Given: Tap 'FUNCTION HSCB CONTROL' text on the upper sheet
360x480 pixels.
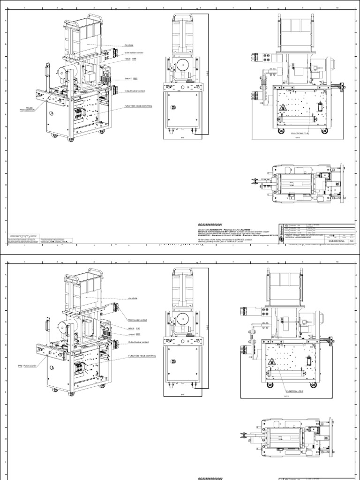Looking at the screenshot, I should [x=138, y=106].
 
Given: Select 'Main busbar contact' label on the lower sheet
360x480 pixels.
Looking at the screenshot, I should [x=137, y=320].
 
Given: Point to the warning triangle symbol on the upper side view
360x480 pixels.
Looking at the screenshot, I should [x=283, y=108].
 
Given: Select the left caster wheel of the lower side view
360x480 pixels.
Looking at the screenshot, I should [x=270, y=385].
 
